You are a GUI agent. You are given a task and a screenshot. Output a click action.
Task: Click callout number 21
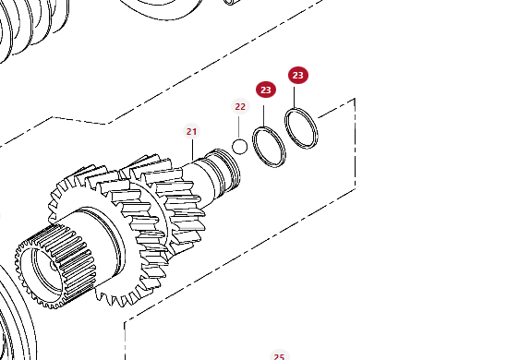191,131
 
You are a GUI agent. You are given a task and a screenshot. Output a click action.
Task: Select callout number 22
240,107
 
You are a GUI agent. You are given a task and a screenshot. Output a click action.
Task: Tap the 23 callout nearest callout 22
266,90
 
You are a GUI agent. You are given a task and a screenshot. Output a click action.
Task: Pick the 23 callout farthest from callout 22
297,76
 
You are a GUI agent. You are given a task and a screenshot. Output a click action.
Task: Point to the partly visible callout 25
279,355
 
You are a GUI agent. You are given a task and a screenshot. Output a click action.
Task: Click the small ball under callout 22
239,147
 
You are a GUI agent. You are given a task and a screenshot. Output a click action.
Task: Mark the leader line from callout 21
192,150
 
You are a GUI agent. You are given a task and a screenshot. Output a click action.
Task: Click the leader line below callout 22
239,127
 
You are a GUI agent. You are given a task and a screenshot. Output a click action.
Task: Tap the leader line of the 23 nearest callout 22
264,116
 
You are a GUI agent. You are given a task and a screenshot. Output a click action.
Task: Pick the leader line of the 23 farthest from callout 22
295,98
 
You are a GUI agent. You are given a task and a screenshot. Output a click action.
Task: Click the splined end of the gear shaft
56,269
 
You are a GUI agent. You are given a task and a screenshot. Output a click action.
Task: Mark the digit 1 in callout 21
194,131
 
